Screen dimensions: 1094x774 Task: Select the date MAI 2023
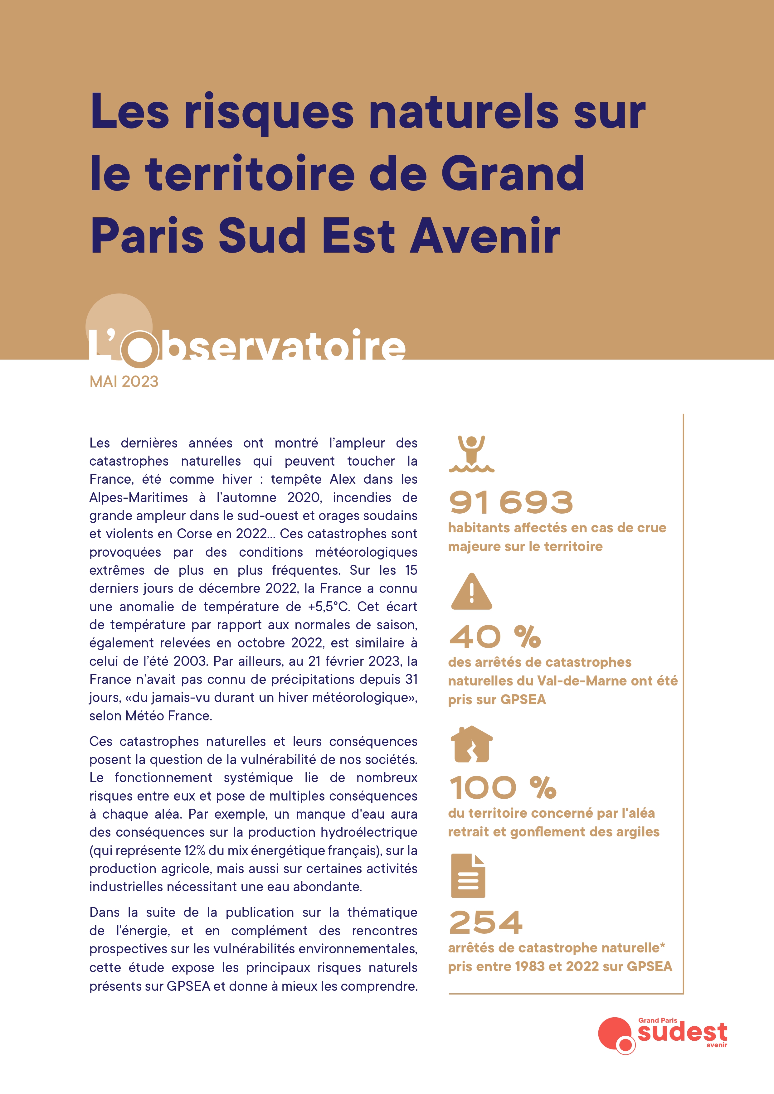click(x=124, y=382)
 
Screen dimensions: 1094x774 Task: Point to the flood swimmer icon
click(x=471, y=454)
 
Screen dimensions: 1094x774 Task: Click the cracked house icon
click(x=471, y=744)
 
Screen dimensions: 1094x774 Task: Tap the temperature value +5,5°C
click(x=329, y=607)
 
